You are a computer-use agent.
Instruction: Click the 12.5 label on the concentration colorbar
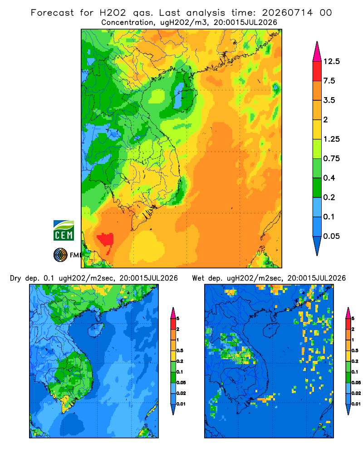[x=331, y=61]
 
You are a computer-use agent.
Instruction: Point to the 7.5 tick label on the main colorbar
[x=329, y=81]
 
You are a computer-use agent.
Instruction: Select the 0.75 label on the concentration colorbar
[x=331, y=158]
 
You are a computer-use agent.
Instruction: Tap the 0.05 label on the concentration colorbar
[x=331, y=236]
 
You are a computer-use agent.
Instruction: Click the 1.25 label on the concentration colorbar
[x=331, y=139]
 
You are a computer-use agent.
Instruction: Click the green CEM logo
[x=64, y=231]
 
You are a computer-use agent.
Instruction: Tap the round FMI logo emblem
[x=60, y=255]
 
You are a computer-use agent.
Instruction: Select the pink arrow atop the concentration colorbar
[x=317, y=52]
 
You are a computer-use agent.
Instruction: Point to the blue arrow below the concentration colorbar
[x=317, y=246]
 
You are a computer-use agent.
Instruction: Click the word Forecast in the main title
[x=52, y=13]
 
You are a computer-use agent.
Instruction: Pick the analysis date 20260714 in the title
[x=287, y=13]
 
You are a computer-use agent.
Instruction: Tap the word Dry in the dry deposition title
[x=15, y=278]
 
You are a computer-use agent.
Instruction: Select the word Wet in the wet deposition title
[x=198, y=278]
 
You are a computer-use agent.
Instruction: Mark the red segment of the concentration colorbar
[x=317, y=71]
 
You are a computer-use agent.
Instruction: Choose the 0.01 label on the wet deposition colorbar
[x=356, y=404]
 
